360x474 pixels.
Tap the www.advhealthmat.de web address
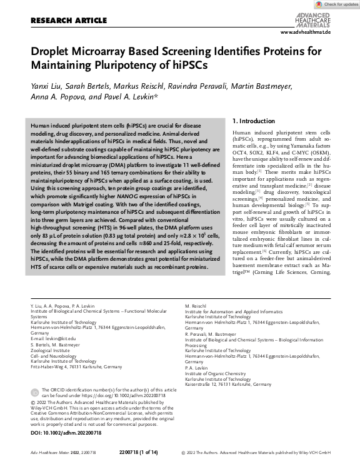(306, 31)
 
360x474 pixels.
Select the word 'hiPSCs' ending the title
(189, 64)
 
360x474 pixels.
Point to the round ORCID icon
(35, 392)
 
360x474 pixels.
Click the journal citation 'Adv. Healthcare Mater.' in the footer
(48, 451)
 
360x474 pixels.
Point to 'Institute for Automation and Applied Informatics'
(234, 311)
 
